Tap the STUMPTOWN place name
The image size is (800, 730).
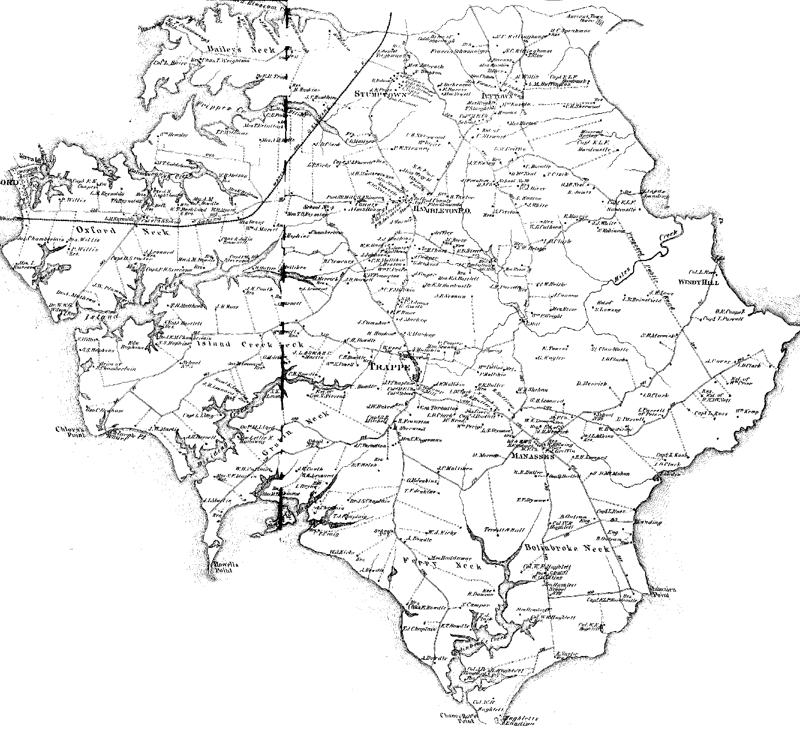380,95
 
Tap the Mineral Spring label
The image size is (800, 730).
592,133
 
